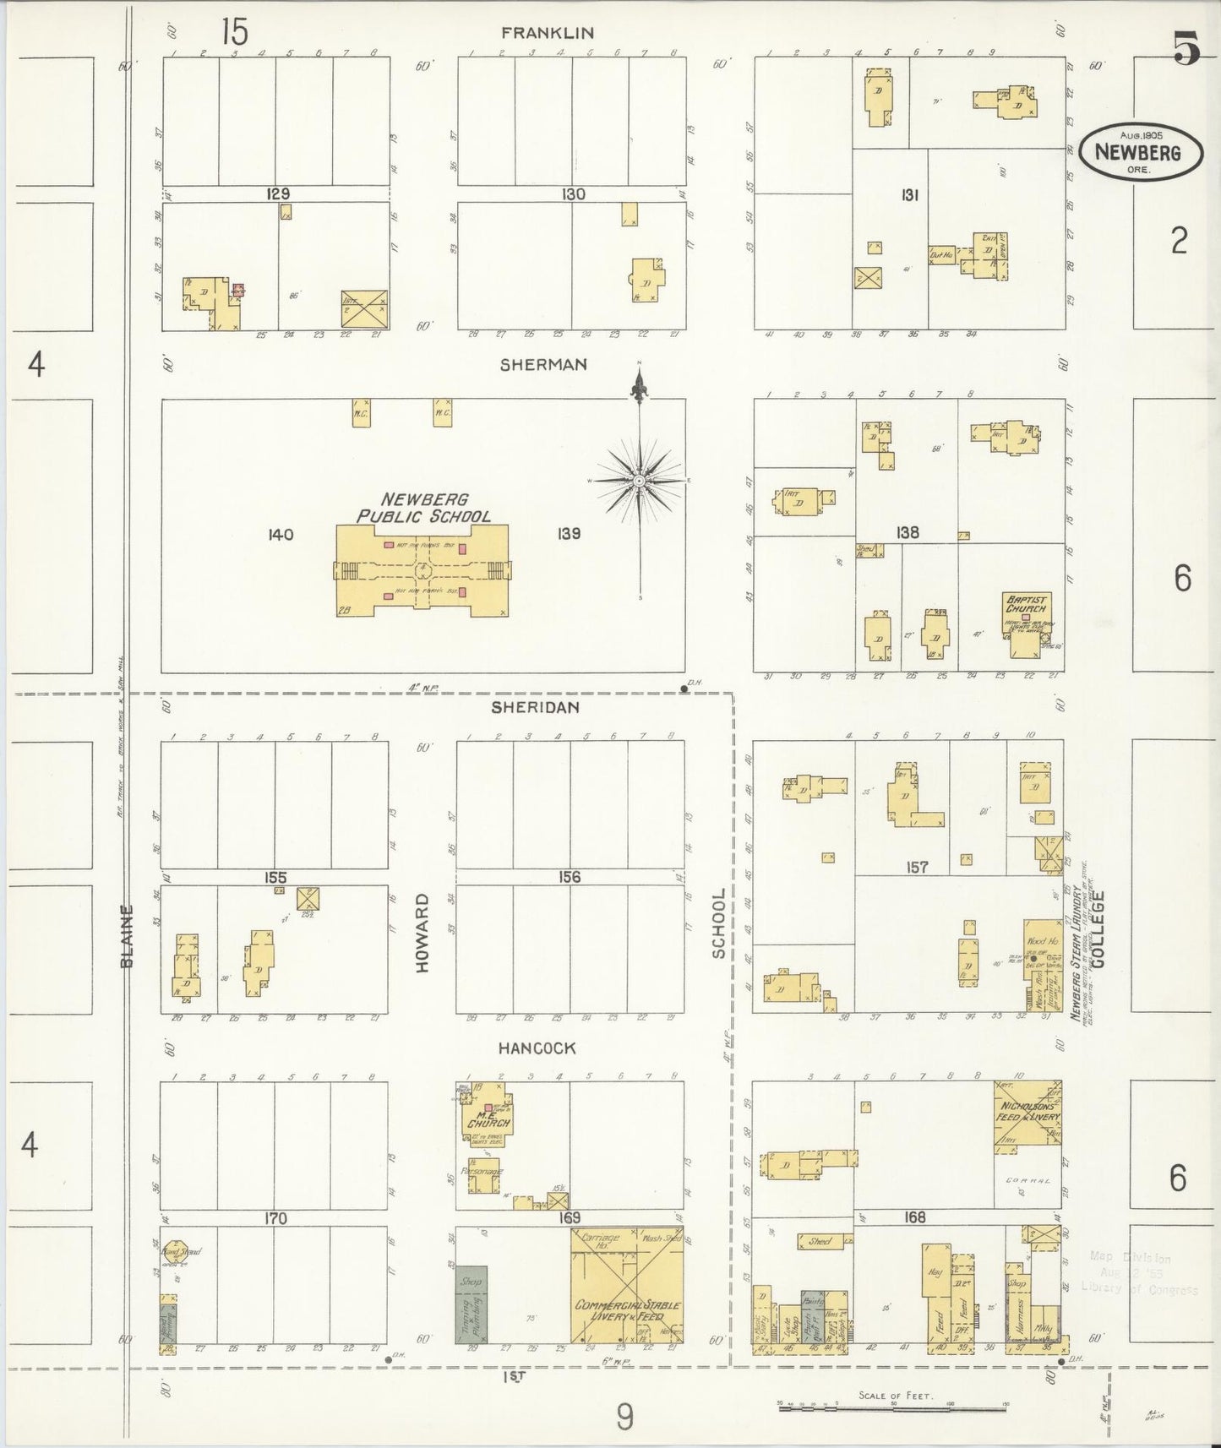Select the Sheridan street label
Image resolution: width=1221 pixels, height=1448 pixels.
(x=536, y=708)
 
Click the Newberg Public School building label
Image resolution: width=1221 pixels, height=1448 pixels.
(x=423, y=508)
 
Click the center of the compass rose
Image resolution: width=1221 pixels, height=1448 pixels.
(x=640, y=481)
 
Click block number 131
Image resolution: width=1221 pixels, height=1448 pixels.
(x=908, y=195)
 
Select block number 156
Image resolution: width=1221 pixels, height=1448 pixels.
(x=570, y=877)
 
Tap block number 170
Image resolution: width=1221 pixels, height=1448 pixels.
(x=275, y=1218)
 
